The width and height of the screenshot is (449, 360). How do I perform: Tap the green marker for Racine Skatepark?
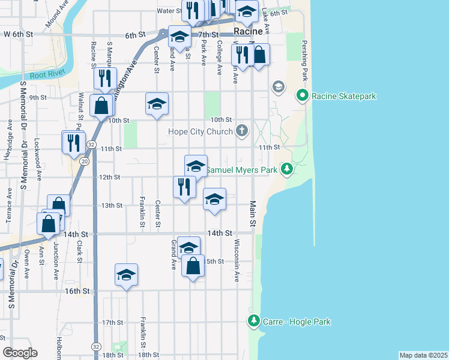pyautogui.click(x=303, y=95)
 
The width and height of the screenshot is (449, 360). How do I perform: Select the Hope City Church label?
pyautogui.click(x=203, y=131)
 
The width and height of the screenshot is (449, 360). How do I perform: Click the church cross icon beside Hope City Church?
pyautogui.click(x=242, y=131)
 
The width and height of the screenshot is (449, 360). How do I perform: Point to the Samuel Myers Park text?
pyautogui.click(x=241, y=170)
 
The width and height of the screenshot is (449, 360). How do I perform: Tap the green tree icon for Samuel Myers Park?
pyautogui.click(x=288, y=170)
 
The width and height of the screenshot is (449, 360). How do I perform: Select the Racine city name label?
pyautogui.click(x=249, y=31)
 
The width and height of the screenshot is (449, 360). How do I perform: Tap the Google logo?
pyautogui.click(x=20, y=353)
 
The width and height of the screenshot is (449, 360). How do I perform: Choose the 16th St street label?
pyautogui.click(x=77, y=291)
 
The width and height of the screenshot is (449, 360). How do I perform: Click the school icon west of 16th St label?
pyautogui.click(x=127, y=274)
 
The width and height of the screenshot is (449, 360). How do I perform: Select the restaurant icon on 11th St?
pyautogui.click(x=74, y=142)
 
